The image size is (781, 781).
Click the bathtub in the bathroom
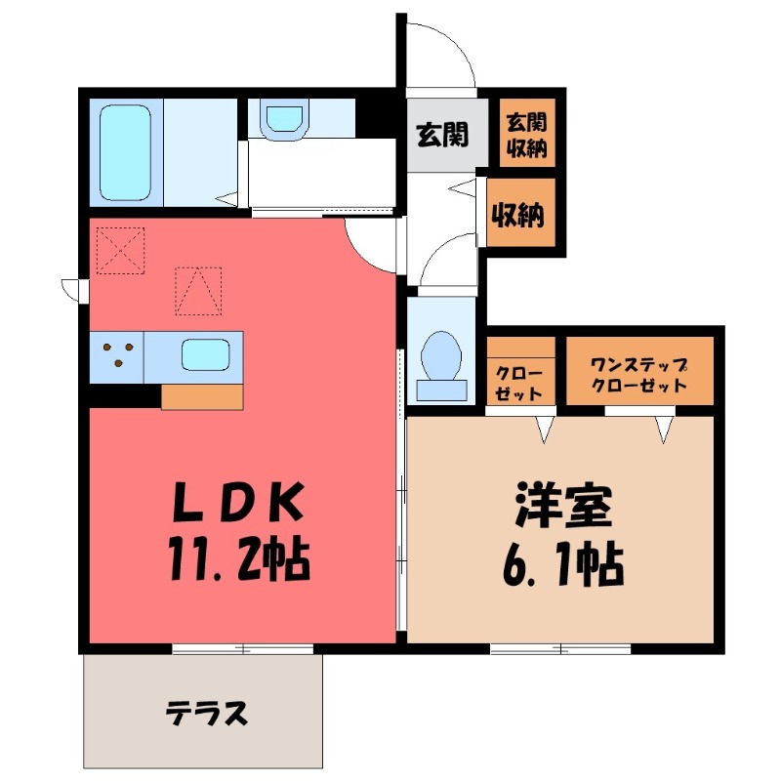126,151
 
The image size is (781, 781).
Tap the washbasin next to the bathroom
283,120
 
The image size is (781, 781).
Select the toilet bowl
441,355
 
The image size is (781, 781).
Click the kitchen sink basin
206,353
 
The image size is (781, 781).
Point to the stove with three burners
117,356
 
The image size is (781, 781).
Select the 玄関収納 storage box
525,136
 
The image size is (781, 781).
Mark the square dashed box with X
119,250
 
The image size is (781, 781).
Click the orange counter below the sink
202,396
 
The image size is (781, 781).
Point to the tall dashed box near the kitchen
197,291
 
